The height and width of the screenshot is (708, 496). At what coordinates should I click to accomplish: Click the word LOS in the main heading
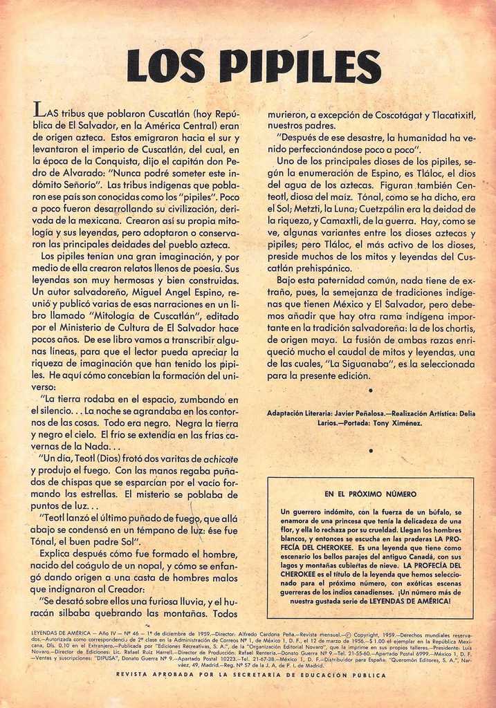point(167,66)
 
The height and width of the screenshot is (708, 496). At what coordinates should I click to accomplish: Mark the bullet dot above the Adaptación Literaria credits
point(370,391)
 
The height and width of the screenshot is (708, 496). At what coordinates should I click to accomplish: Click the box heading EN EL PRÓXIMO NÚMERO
point(370,494)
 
